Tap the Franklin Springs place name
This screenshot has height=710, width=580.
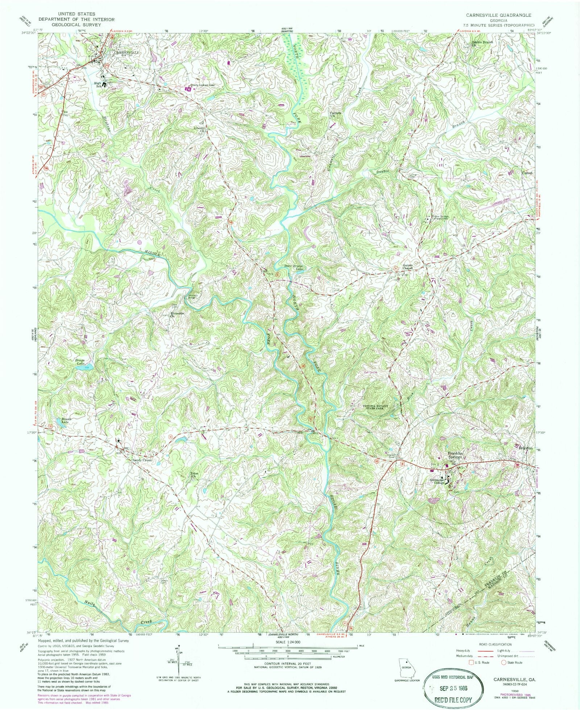pos(455,456)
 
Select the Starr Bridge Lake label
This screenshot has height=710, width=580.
pos(293,267)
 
